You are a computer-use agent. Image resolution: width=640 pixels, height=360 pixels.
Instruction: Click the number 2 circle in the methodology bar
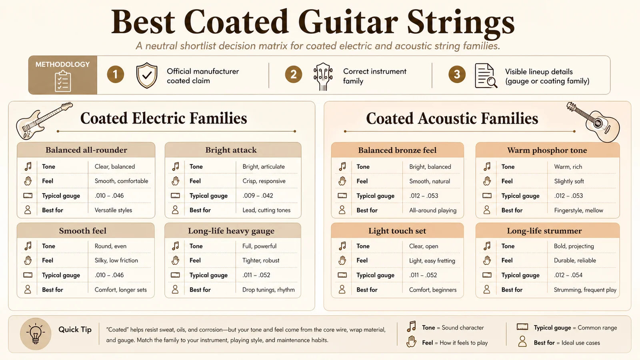click(x=293, y=74)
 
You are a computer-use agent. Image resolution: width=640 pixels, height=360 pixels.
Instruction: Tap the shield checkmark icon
click(x=146, y=75)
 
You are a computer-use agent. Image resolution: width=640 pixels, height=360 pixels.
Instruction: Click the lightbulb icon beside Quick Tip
click(x=36, y=334)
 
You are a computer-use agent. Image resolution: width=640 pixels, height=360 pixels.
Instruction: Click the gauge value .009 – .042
click(x=258, y=196)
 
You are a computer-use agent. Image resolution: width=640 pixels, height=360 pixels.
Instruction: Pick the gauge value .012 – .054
click(x=568, y=275)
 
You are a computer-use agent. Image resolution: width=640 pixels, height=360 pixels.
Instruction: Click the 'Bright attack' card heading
click(x=231, y=150)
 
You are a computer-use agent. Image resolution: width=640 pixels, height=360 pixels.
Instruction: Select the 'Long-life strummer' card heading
click(x=544, y=231)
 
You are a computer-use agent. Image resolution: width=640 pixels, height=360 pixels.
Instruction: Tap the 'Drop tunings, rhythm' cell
click(x=268, y=290)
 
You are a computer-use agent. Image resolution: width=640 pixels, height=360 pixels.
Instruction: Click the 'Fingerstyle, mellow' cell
click(x=578, y=210)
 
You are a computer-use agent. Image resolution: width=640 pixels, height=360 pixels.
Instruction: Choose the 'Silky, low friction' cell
click(x=116, y=260)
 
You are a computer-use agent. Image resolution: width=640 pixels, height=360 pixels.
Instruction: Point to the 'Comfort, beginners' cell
click(x=432, y=290)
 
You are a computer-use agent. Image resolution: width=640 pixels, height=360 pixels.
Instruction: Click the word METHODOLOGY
click(x=62, y=64)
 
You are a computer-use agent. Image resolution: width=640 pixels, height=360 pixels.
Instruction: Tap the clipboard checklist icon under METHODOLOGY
click(x=63, y=81)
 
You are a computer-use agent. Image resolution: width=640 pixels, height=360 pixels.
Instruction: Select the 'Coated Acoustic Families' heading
click(x=452, y=118)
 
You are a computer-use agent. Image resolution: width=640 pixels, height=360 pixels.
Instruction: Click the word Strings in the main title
click(x=461, y=22)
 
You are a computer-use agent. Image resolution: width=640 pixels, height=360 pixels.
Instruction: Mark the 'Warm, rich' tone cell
click(x=568, y=167)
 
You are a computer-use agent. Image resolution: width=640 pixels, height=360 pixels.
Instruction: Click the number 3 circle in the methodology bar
click(x=457, y=74)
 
